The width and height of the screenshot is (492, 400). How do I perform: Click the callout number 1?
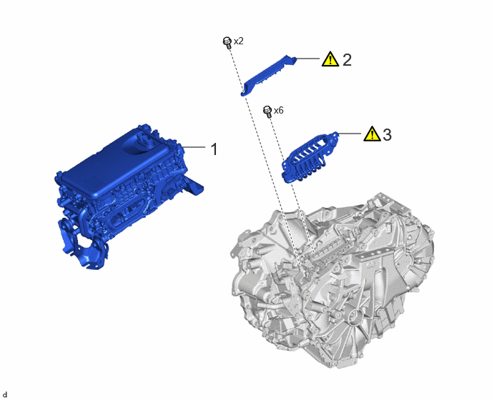tap(214, 149)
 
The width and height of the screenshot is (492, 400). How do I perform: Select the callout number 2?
tap(347, 59)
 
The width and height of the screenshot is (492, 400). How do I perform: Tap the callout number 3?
tap(387, 135)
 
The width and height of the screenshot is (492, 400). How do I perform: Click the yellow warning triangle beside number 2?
tap(330, 59)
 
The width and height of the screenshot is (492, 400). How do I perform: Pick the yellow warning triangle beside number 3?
tap(372, 134)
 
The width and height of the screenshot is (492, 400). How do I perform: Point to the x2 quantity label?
tap(238, 41)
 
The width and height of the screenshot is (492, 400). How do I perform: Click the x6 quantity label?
tap(279, 111)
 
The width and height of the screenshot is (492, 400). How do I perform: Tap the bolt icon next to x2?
tap(227, 42)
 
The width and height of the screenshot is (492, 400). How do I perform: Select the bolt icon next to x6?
tap(267, 111)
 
